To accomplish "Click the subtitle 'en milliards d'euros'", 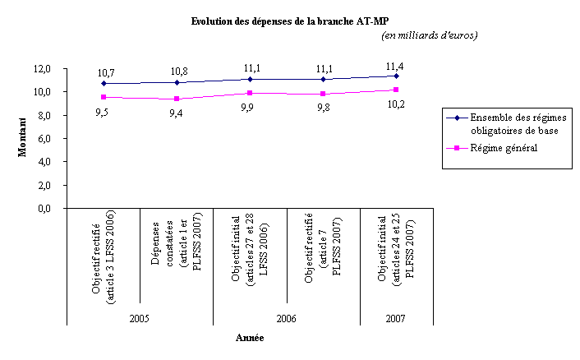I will click(x=430, y=35).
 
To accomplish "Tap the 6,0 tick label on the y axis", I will click(x=45, y=138).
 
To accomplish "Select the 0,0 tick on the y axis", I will click(x=45, y=209).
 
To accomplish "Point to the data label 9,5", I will click(x=103, y=111).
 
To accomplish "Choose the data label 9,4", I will click(x=176, y=113).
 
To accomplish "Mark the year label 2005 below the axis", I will click(x=139, y=318).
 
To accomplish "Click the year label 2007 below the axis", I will click(x=396, y=318).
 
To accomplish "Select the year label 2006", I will click(x=286, y=318).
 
